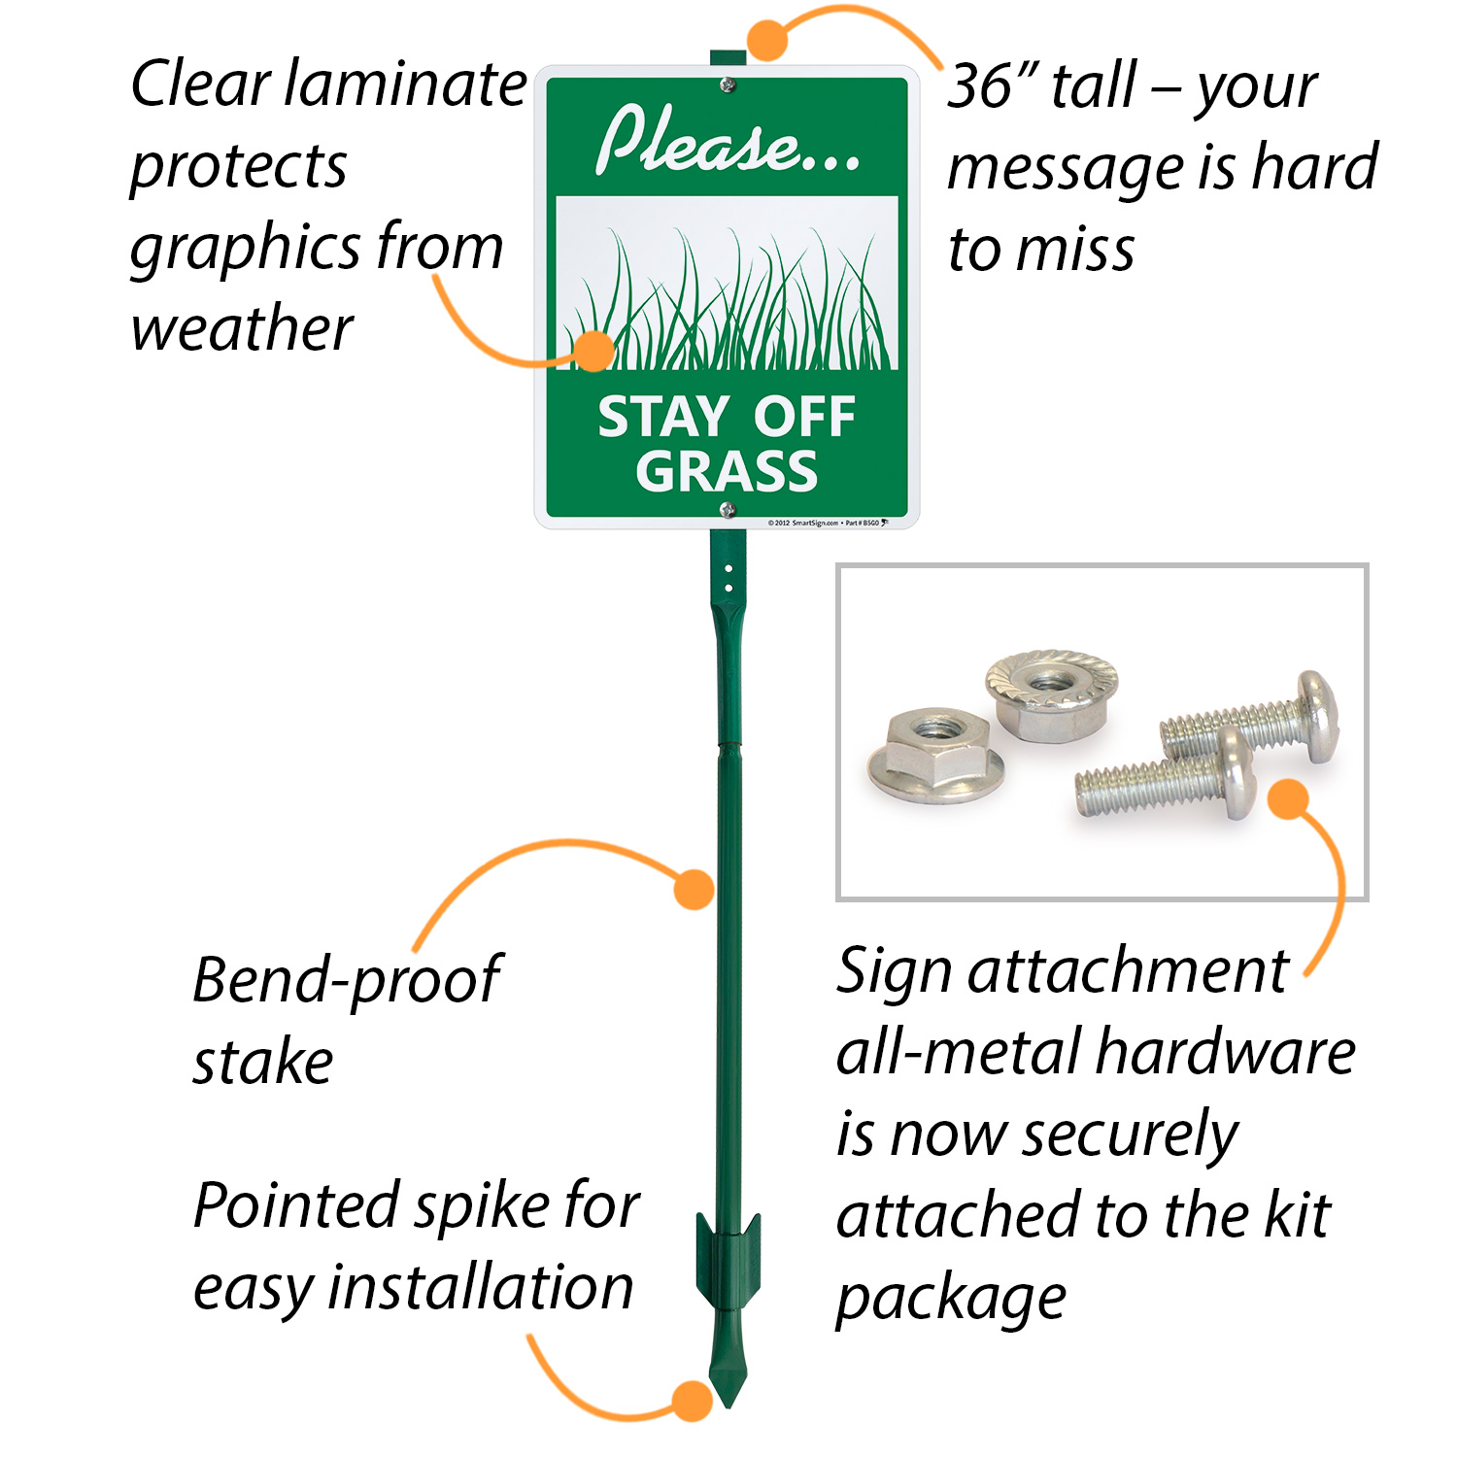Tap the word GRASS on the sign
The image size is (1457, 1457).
[x=727, y=471]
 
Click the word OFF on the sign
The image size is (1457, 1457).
[x=804, y=417]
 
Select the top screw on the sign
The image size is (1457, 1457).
[x=727, y=86]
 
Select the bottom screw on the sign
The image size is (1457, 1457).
[x=727, y=510]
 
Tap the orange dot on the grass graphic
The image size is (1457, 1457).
[x=593, y=351]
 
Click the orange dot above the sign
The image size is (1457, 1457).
[x=767, y=41]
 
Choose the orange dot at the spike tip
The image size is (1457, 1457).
[x=693, y=1402]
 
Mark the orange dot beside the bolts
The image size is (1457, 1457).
[x=1289, y=798]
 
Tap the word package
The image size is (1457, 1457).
[x=951, y=1299]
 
